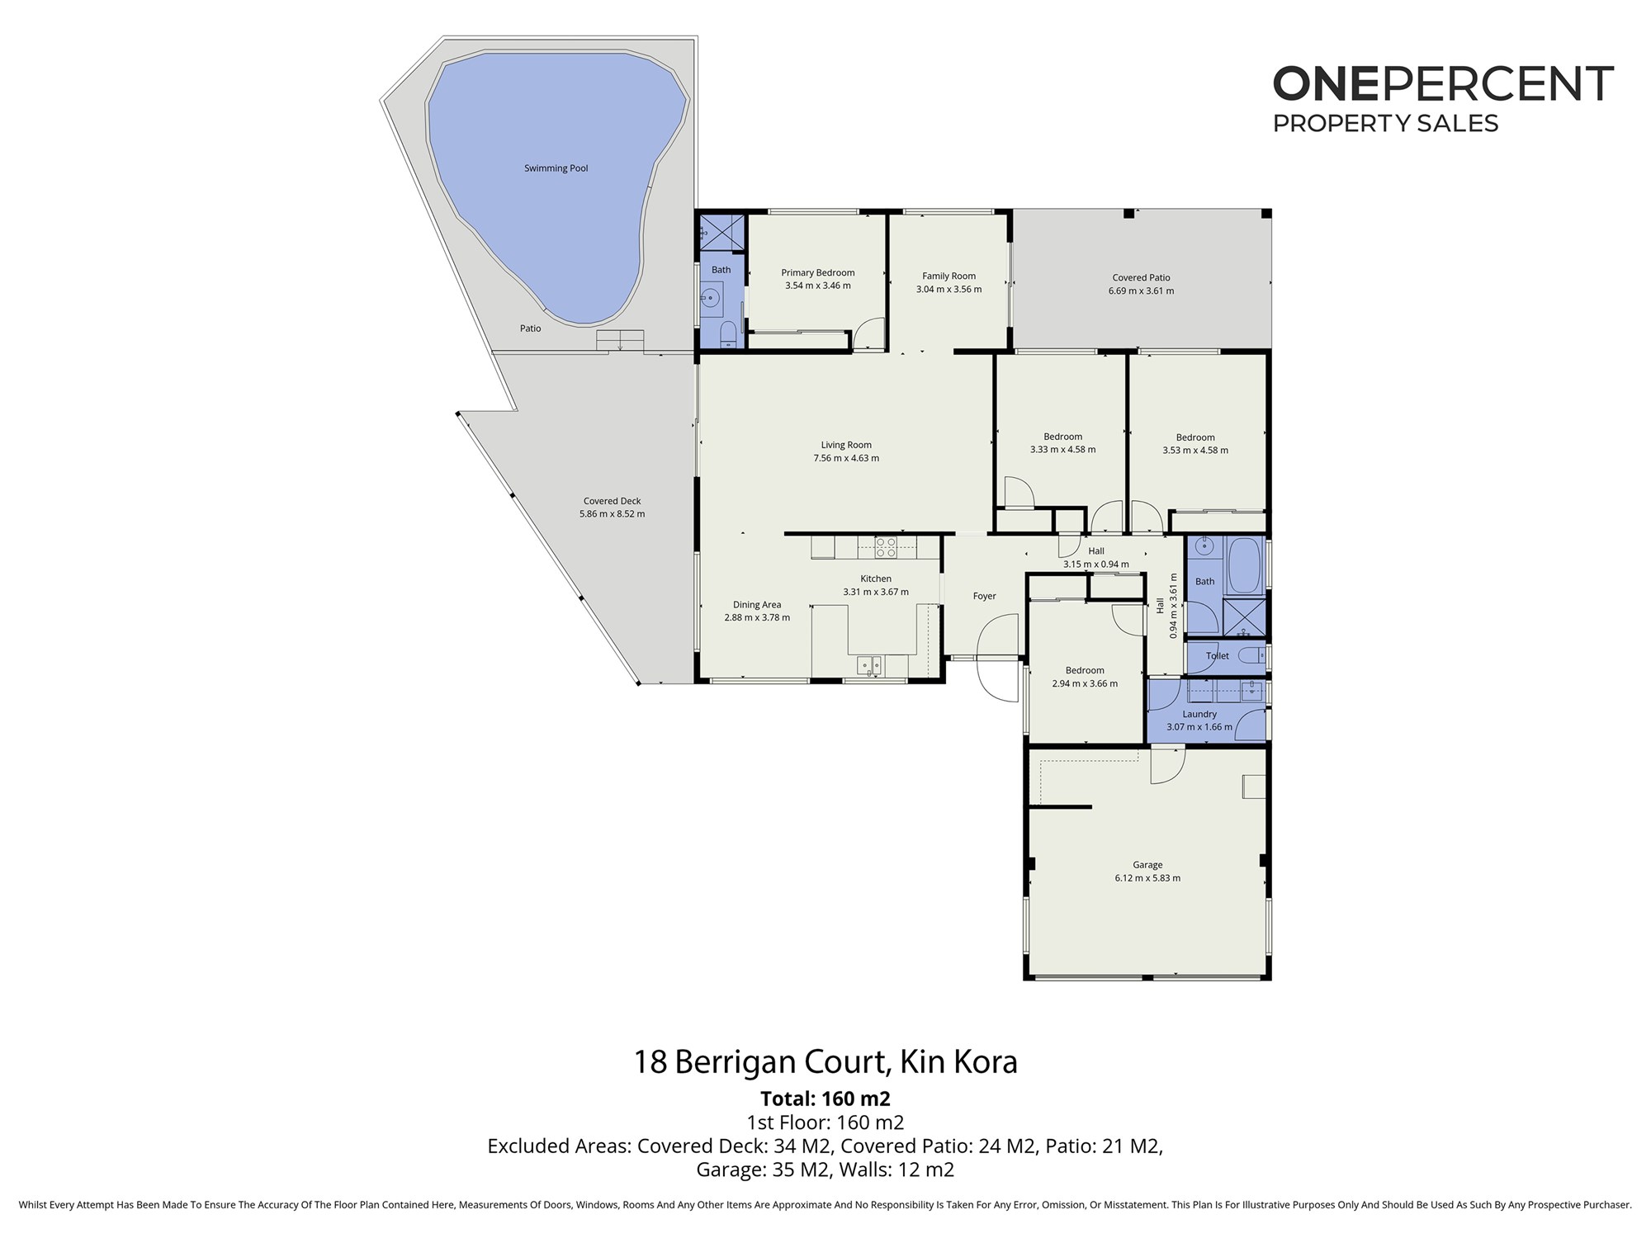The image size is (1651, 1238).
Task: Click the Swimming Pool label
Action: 556,168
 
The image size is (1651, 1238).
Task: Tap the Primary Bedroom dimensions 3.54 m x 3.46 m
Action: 817,286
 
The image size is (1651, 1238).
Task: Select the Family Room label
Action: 948,276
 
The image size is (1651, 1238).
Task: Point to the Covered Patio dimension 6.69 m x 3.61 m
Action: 1141,291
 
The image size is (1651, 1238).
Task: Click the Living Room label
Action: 846,446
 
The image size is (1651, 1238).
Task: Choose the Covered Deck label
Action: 612,501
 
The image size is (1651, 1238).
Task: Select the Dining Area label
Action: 757,605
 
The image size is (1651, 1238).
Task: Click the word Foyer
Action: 984,596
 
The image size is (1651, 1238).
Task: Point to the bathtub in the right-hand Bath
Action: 1243,565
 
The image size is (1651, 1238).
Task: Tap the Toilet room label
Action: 1218,656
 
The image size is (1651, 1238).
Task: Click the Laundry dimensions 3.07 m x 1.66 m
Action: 1199,728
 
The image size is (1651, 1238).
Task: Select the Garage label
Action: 1147,865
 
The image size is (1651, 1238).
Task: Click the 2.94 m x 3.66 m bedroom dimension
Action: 1085,683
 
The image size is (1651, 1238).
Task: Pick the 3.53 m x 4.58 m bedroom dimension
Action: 1195,451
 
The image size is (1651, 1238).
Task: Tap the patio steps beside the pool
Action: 620,341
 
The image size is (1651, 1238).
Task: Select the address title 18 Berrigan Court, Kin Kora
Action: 825,1062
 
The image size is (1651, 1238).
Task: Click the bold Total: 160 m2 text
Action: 825,1099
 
